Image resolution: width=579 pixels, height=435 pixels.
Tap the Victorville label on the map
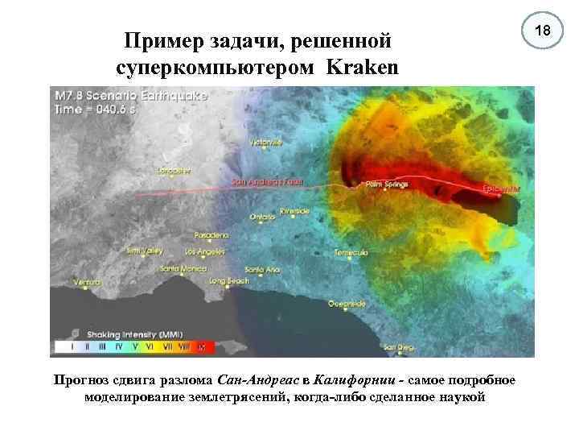click(266, 143)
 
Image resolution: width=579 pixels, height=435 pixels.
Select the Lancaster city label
click(175, 171)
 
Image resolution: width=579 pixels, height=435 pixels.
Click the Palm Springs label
click(387, 184)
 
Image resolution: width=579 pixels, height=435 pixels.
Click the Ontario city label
click(263, 217)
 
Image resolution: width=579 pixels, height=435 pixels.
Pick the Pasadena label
click(212, 235)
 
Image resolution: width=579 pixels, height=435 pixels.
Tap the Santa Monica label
click(181, 269)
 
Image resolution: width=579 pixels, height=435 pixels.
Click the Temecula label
click(351, 253)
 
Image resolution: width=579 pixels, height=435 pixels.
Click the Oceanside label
click(347, 304)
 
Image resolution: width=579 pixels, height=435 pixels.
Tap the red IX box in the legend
click(202, 347)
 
